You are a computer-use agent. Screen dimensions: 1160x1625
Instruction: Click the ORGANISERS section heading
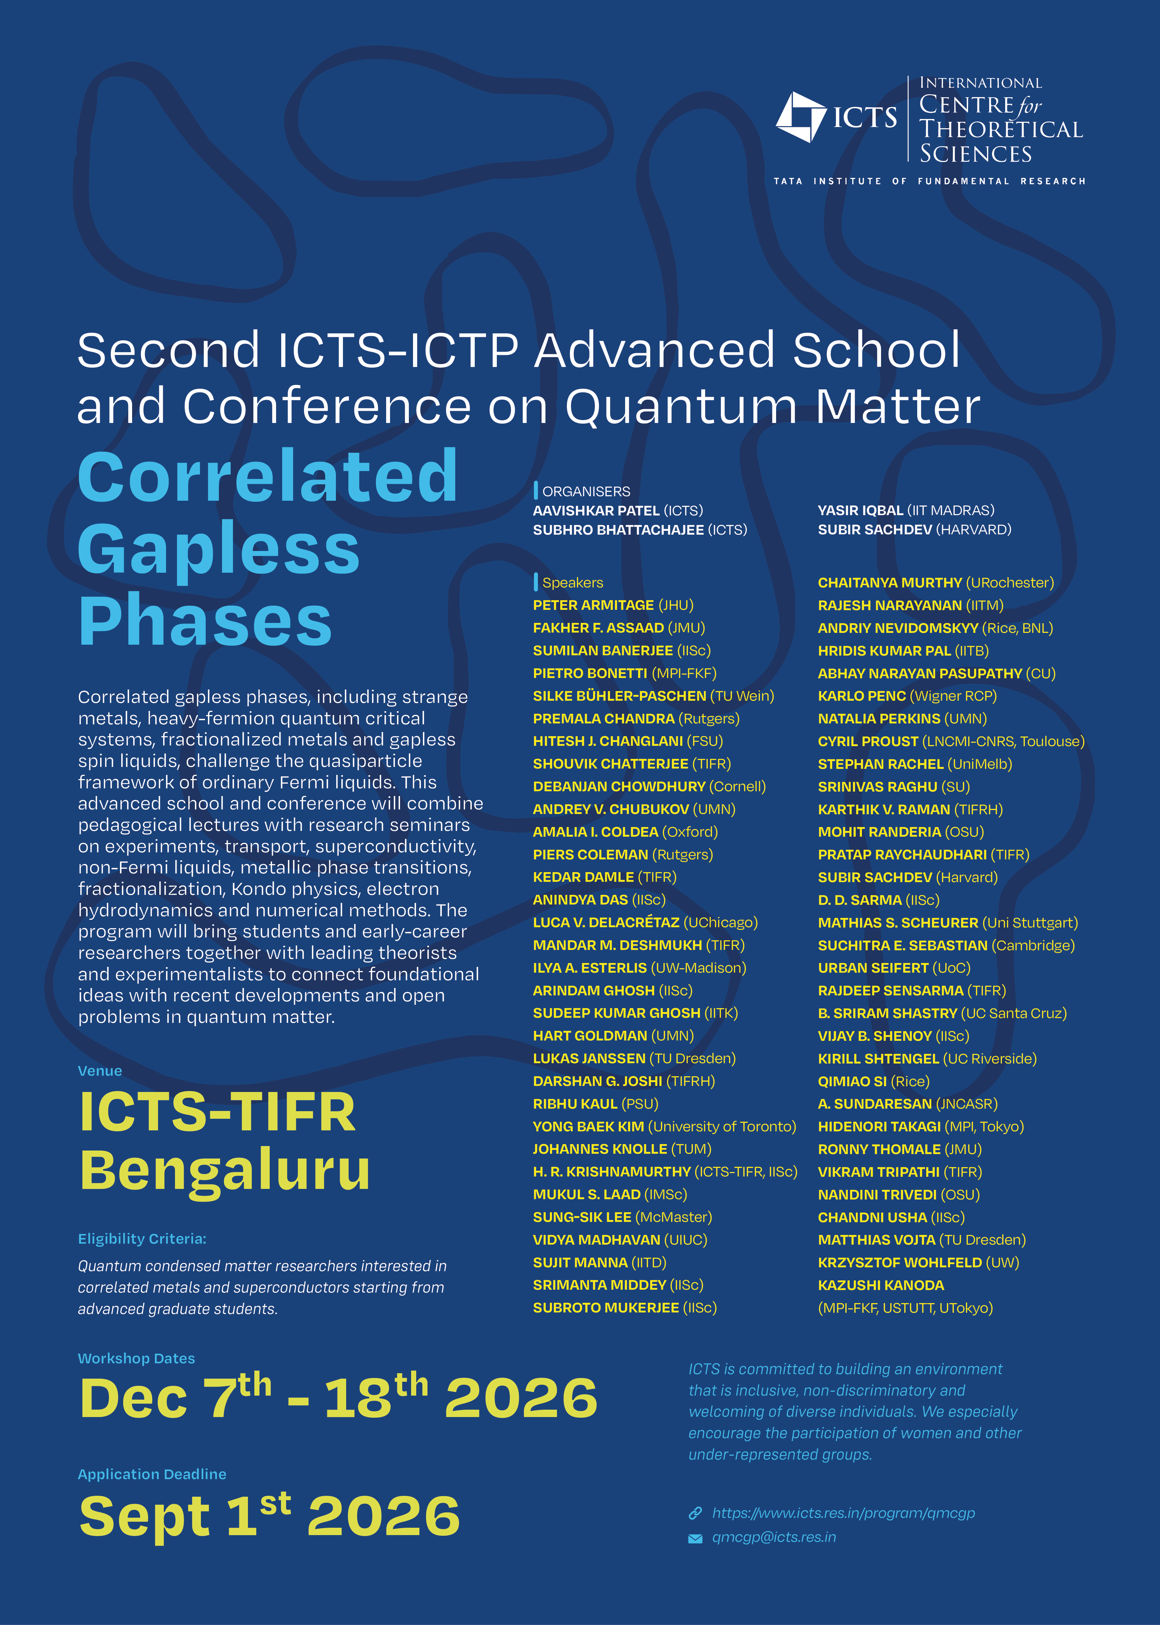[586, 491]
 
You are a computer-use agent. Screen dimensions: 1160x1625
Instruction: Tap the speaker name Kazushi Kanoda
[881, 1285]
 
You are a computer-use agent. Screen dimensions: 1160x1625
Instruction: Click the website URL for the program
[844, 1513]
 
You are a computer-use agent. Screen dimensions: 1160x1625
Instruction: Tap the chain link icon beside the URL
[695, 1513]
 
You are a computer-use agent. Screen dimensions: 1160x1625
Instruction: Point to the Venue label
[100, 1071]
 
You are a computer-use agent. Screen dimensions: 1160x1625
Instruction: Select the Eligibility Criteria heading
[142, 1239]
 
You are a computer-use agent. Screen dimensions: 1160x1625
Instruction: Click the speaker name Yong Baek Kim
[589, 1127]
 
